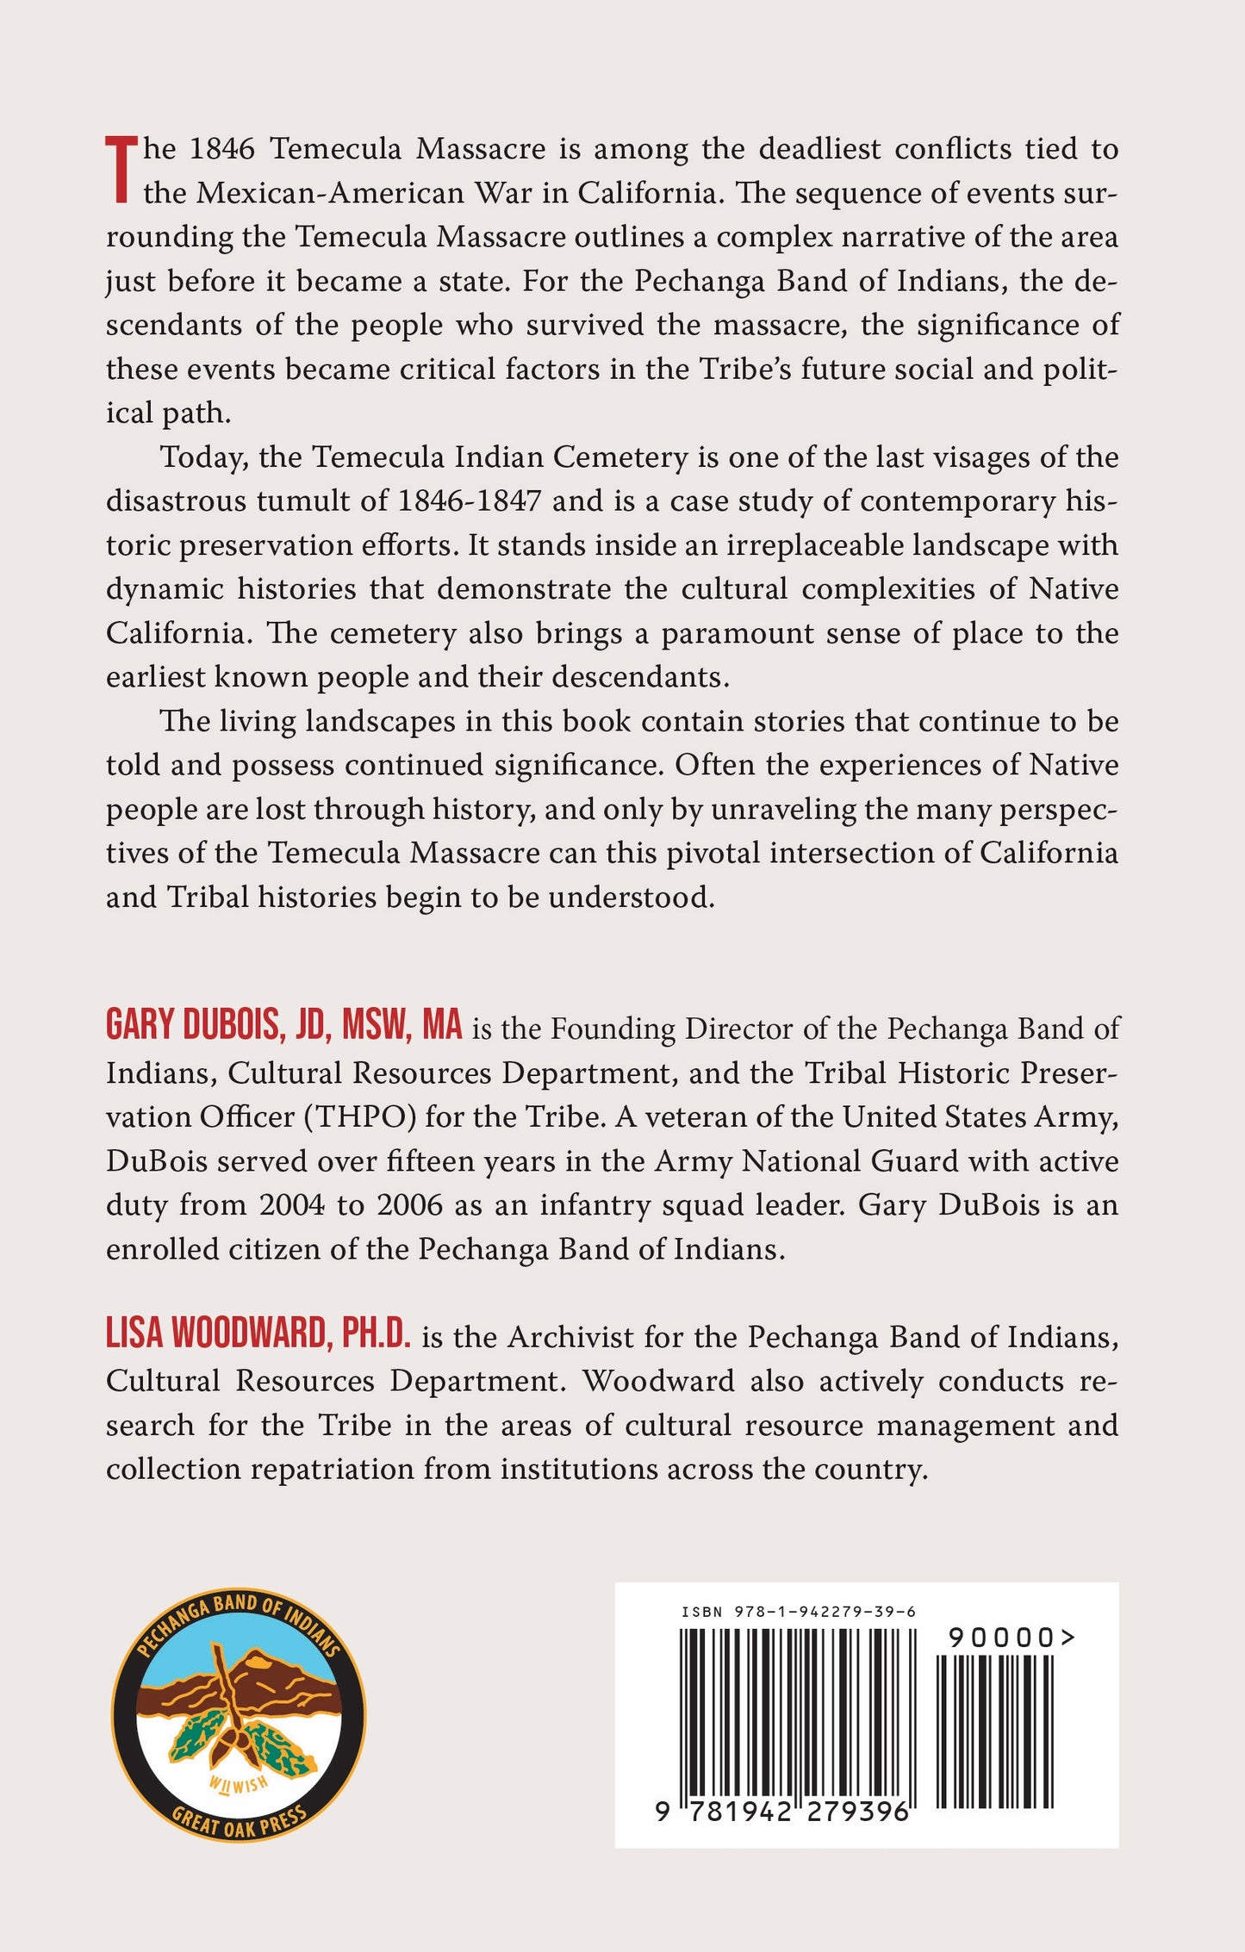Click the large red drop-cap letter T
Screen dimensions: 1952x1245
(121, 170)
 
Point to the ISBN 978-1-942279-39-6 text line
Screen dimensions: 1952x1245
(798, 1612)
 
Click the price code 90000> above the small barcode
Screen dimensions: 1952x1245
(1012, 1638)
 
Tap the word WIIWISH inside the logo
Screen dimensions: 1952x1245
(239, 1783)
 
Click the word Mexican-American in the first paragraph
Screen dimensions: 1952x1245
(331, 193)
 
